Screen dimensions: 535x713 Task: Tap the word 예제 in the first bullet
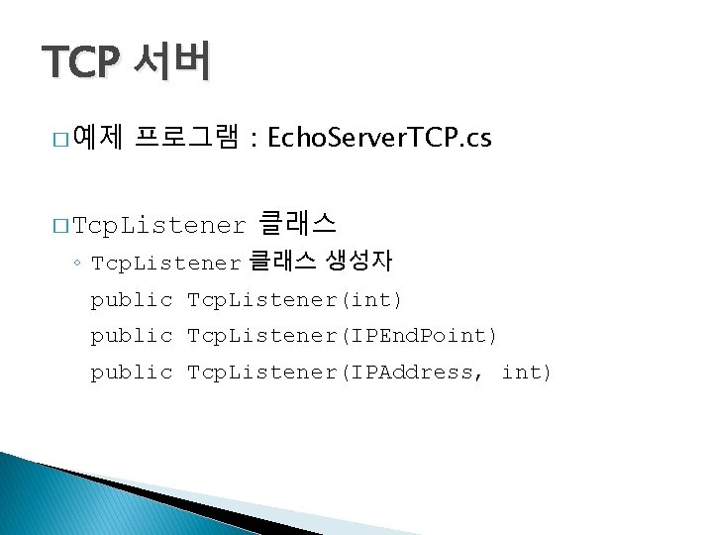(x=97, y=138)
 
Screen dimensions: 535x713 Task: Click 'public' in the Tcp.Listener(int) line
(x=132, y=299)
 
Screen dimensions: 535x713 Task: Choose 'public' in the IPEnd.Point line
(x=132, y=336)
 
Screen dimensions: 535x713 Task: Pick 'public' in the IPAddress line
(x=132, y=373)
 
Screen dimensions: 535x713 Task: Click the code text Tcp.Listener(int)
(x=294, y=299)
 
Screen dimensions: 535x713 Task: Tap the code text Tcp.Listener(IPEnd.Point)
(x=343, y=336)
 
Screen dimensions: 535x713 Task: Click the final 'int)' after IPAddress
(x=527, y=373)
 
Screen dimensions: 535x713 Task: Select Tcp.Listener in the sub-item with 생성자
(x=165, y=263)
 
